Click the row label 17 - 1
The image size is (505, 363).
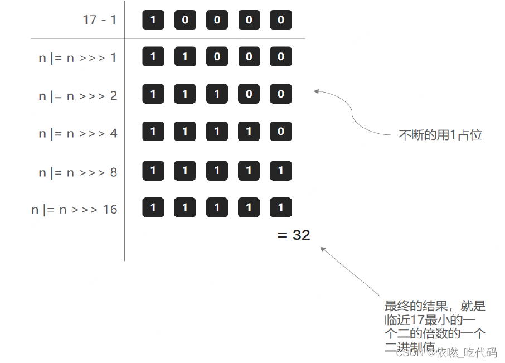99,20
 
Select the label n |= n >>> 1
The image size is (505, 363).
77,57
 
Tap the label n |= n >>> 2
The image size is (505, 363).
77,96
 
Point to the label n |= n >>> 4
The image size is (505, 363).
77,134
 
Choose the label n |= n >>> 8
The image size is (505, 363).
77,172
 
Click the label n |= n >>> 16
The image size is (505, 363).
74,210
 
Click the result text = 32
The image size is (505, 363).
294,235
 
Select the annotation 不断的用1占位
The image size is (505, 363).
440,135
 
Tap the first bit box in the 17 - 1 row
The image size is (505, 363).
153,20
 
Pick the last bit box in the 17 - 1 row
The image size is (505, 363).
280,20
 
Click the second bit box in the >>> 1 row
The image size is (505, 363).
185,56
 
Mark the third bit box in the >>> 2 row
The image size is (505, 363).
217,94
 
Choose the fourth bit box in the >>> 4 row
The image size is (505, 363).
249,132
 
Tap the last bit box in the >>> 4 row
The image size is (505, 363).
280,132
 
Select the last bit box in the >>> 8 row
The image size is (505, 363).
280,170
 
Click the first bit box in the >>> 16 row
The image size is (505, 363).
153,207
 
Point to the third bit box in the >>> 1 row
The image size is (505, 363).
217,56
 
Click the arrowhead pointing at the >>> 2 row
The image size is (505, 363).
316,91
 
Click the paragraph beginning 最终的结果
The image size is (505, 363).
435,327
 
